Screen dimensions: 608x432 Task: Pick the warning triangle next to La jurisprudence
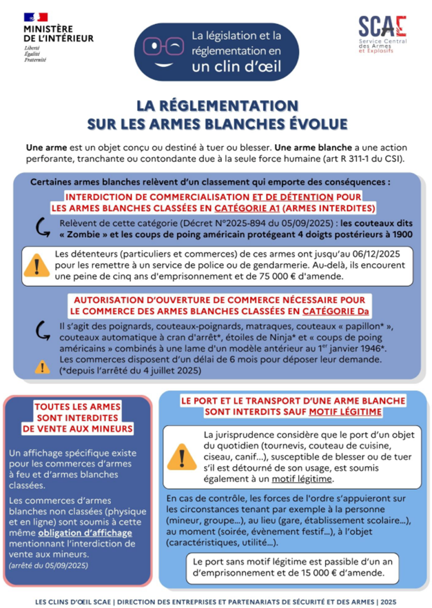tap(182, 456)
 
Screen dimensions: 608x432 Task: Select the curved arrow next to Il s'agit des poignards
tap(41, 330)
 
